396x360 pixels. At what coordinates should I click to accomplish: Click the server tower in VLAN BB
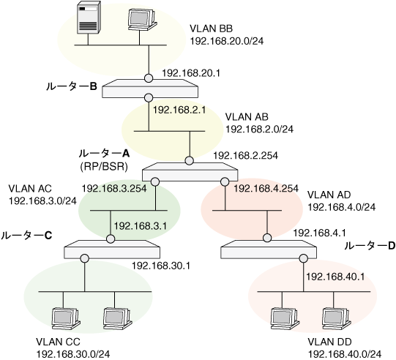pyautogui.click(x=89, y=17)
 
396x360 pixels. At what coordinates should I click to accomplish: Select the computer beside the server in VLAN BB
pyautogui.click(x=143, y=20)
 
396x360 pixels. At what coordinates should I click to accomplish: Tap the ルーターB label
pyautogui.click(x=72, y=86)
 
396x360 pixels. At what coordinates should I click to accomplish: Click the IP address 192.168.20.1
pyautogui.click(x=191, y=73)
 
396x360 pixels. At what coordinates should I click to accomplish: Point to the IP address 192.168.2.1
pyautogui.click(x=179, y=110)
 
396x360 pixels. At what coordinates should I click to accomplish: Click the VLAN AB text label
pyautogui.click(x=247, y=117)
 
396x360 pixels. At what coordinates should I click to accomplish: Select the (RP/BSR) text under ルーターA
pyautogui.click(x=104, y=166)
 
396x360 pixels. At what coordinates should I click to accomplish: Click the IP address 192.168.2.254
pyautogui.click(x=246, y=155)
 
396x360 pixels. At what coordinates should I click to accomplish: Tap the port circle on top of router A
pyautogui.click(x=189, y=160)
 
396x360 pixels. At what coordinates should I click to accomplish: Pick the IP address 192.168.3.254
pyautogui.click(x=114, y=188)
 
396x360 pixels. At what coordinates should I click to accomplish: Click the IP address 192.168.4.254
pyautogui.click(x=266, y=188)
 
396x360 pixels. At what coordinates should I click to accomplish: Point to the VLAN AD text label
pyautogui.click(x=329, y=195)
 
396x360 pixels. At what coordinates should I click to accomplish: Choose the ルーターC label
pyautogui.click(x=26, y=236)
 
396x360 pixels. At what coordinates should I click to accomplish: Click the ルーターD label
pyautogui.click(x=370, y=246)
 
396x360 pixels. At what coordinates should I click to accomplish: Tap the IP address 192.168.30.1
pyautogui.click(x=161, y=266)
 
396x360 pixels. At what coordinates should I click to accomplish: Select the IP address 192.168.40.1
pyautogui.click(x=335, y=277)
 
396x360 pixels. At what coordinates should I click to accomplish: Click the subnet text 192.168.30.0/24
pyautogui.click(x=73, y=354)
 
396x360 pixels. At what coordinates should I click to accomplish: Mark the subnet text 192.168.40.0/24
pyautogui.click(x=345, y=354)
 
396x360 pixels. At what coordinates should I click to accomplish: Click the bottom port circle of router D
pyautogui.click(x=304, y=258)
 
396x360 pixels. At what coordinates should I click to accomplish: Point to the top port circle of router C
pyautogui.click(x=111, y=239)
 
